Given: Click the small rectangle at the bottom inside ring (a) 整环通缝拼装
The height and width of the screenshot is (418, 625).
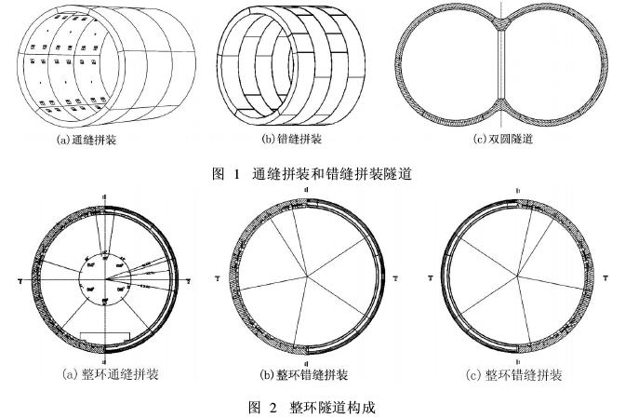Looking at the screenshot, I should pyautogui.click(x=105, y=334).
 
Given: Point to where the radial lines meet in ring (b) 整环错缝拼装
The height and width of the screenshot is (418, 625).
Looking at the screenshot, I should pyautogui.click(x=307, y=276).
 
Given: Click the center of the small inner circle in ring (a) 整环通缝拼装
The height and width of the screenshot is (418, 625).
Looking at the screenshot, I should pyautogui.click(x=105, y=276).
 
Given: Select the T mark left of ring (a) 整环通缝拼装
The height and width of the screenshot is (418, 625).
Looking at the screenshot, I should pyautogui.click(x=20, y=278).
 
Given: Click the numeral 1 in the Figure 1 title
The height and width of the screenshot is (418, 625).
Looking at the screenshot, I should pyautogui.click(x=237, y=170).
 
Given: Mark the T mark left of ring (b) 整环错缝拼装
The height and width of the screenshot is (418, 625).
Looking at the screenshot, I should pyautogui.click(x=219, y=277).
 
